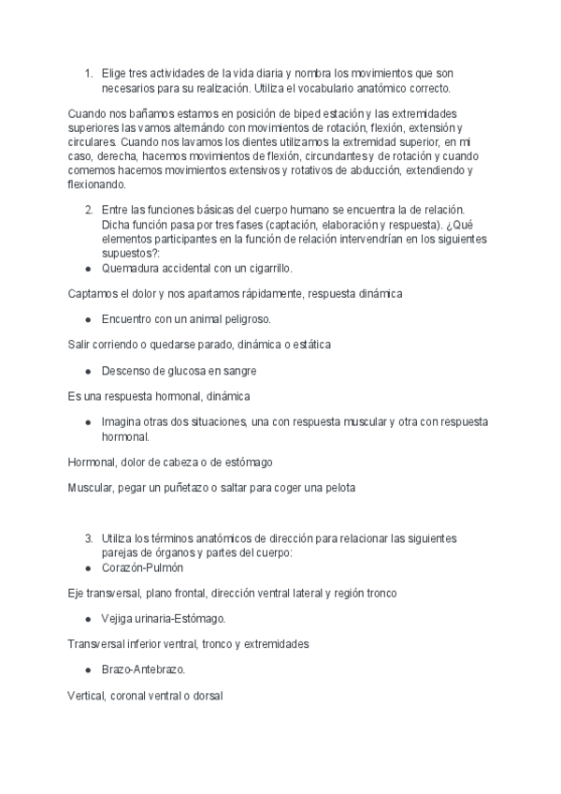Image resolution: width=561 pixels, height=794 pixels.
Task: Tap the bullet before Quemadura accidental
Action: pyautogui.click(x=87, y=269)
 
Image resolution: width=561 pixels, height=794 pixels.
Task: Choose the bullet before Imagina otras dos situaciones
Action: pyautogui.click(x=87, y=422)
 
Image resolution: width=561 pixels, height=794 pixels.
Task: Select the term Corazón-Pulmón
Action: pyautogui.click(x=143, y=567)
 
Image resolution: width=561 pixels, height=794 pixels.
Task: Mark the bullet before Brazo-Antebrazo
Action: pyautogui.click(x=87, y=670)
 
